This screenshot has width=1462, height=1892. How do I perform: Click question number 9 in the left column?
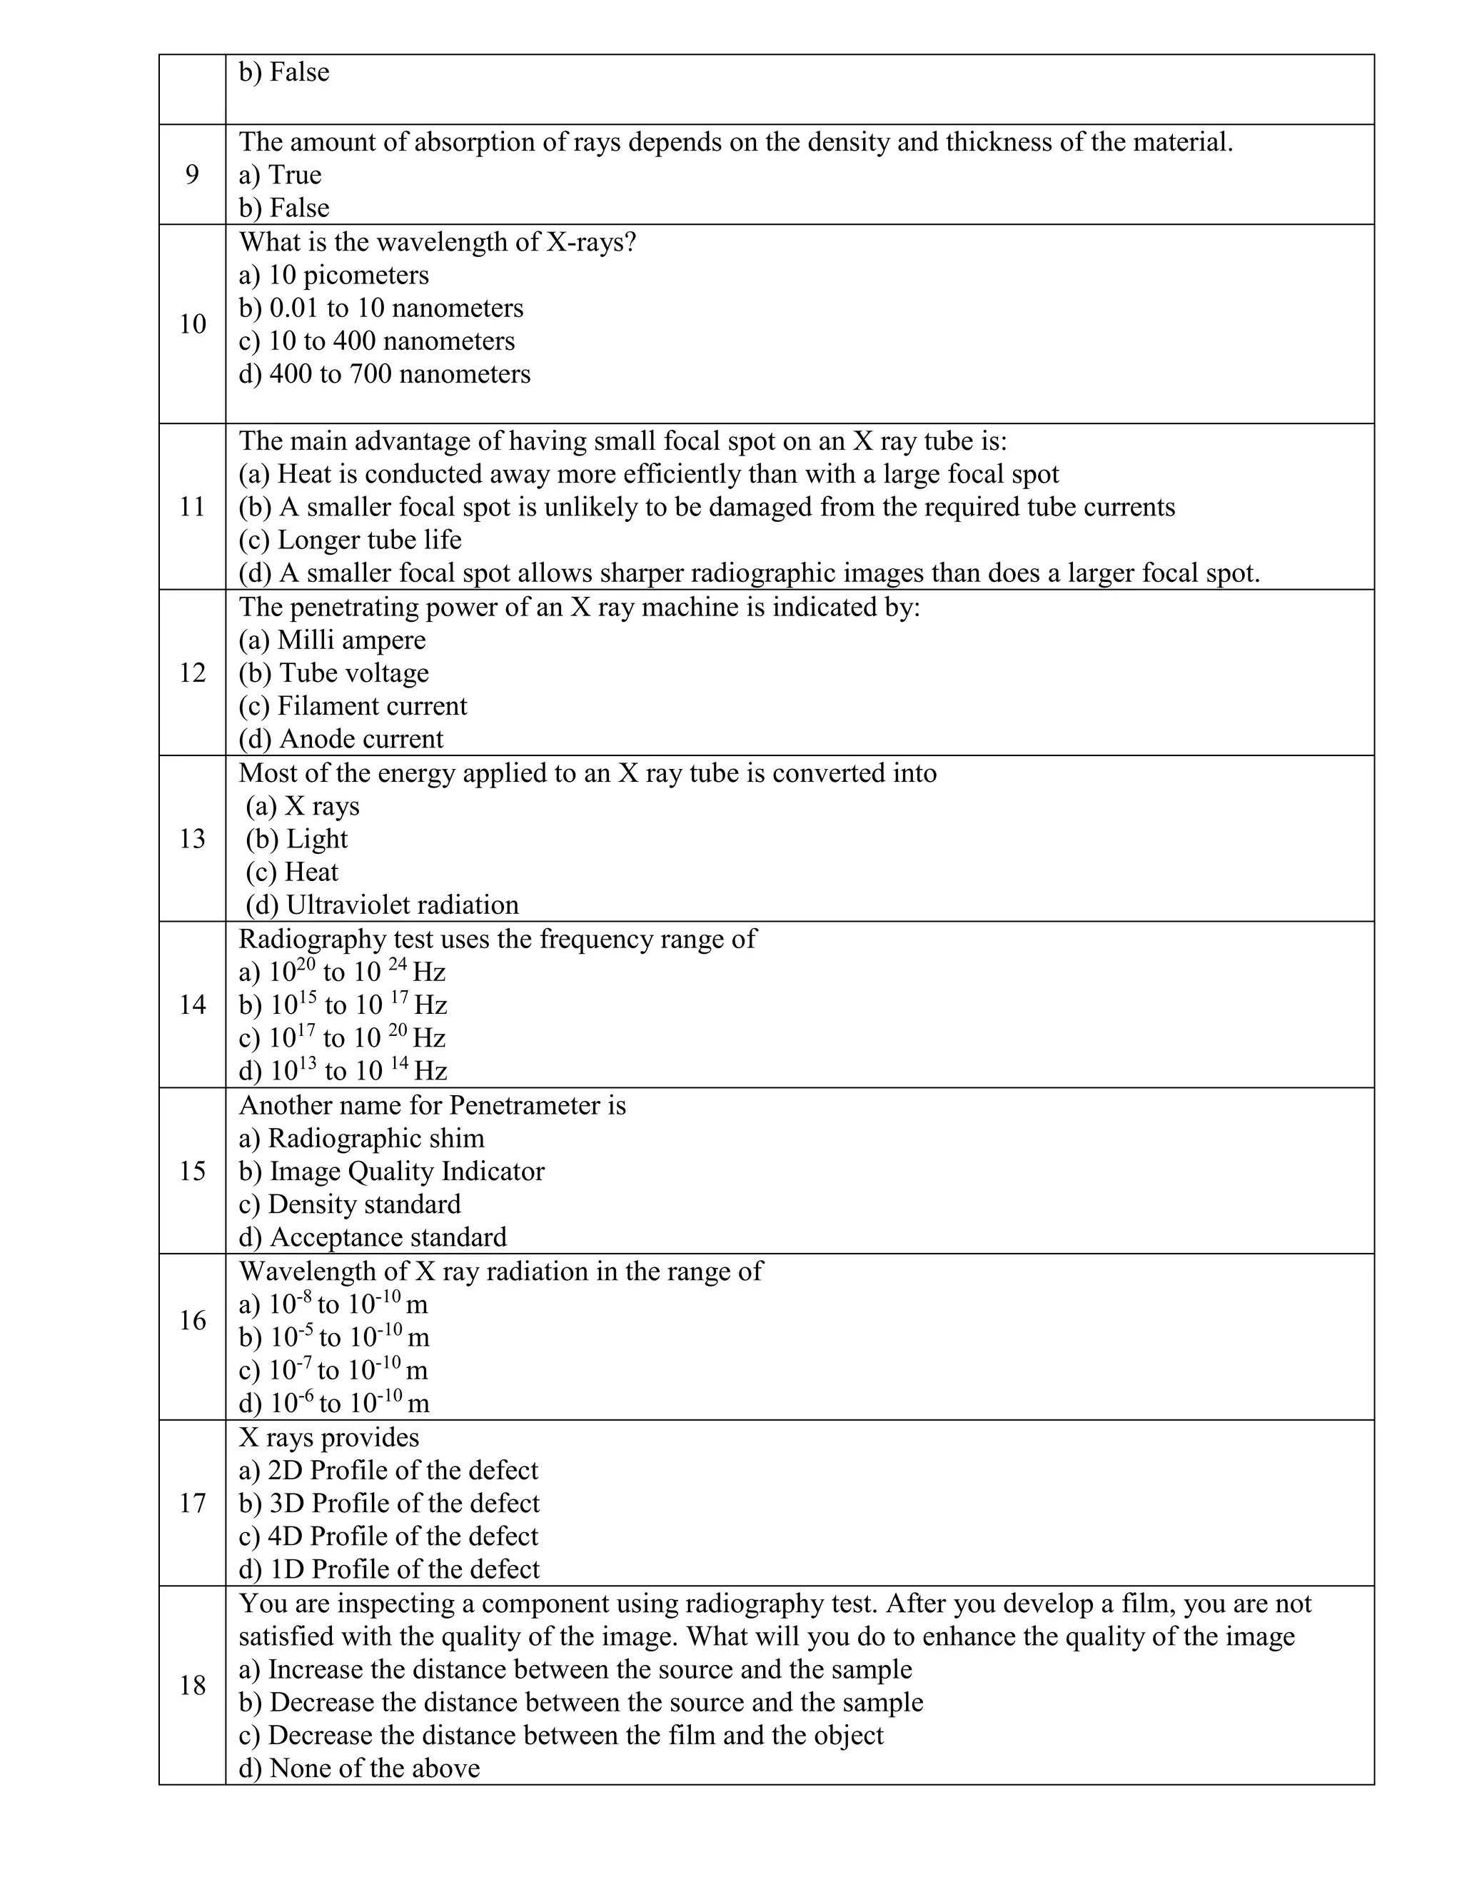click(x=191, y=175)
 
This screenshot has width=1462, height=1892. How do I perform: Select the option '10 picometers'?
click(x=333, y=276)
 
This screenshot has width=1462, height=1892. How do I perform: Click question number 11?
click(x=191, y=507)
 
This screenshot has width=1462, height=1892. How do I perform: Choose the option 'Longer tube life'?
click(x=350, y=540)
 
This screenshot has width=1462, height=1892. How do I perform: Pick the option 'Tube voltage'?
click(x=333, y=673)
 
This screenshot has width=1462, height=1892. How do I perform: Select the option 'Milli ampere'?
click(x=333, y=640)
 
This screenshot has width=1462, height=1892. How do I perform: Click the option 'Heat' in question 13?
click(x=292, y=872)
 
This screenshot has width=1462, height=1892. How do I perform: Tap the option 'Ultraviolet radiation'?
click(x=382, y=905)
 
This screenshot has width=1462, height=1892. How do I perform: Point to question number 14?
click(x=191, y=1005)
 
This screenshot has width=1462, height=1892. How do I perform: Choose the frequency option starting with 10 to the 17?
click(x=342, y=1038)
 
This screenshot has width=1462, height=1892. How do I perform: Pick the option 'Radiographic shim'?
click(x=361, y=1138)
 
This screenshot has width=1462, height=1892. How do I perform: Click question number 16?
click(x=191, y=1320)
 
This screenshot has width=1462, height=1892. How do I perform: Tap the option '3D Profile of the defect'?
click(x=389, y=1503)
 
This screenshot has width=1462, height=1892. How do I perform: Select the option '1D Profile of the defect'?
click(x=389, y=1569)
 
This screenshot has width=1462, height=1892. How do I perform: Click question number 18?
click(x=191, y=1685)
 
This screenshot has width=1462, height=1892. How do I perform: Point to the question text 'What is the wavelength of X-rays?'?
click(x=438, y=242)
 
